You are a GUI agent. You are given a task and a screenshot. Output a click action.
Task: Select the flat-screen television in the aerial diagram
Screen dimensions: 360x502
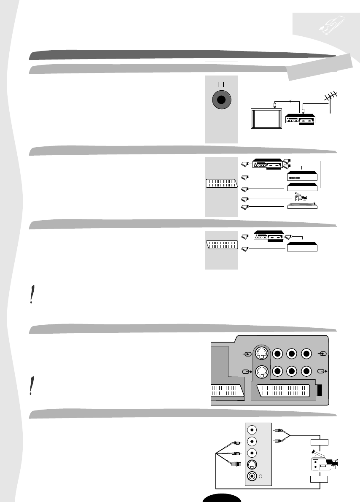[267, 118]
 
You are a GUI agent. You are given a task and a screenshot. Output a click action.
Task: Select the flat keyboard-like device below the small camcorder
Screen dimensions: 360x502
[301, 206]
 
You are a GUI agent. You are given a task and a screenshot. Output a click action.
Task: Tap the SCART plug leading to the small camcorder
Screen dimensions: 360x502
[244, 198]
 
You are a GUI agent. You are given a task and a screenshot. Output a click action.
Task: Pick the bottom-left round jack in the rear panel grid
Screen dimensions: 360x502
[278, 372]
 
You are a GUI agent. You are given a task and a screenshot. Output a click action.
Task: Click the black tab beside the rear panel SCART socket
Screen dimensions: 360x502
[320, 390]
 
